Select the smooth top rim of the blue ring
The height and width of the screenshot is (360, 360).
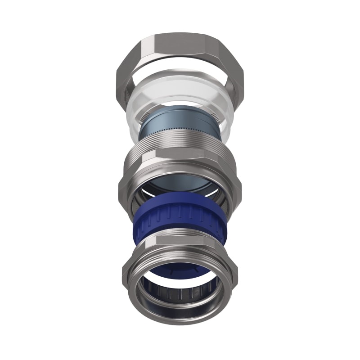coord(180,205)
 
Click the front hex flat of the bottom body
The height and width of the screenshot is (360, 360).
coord(180,241)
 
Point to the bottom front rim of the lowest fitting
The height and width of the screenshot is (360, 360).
coord(180,317)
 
